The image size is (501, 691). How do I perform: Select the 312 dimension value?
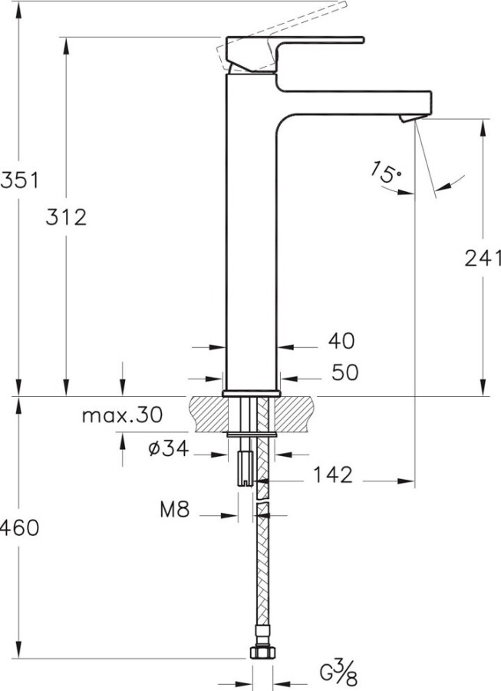[65, 217]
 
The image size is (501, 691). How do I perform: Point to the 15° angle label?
[387, 173]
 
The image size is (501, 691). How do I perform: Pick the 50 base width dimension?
[344, 372]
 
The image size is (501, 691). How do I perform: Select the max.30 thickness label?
[123, 416]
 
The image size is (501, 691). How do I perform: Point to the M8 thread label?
[176, 509]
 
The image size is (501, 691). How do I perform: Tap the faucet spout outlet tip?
[408, 117]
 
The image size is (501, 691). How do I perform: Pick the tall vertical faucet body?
[252, 230]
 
